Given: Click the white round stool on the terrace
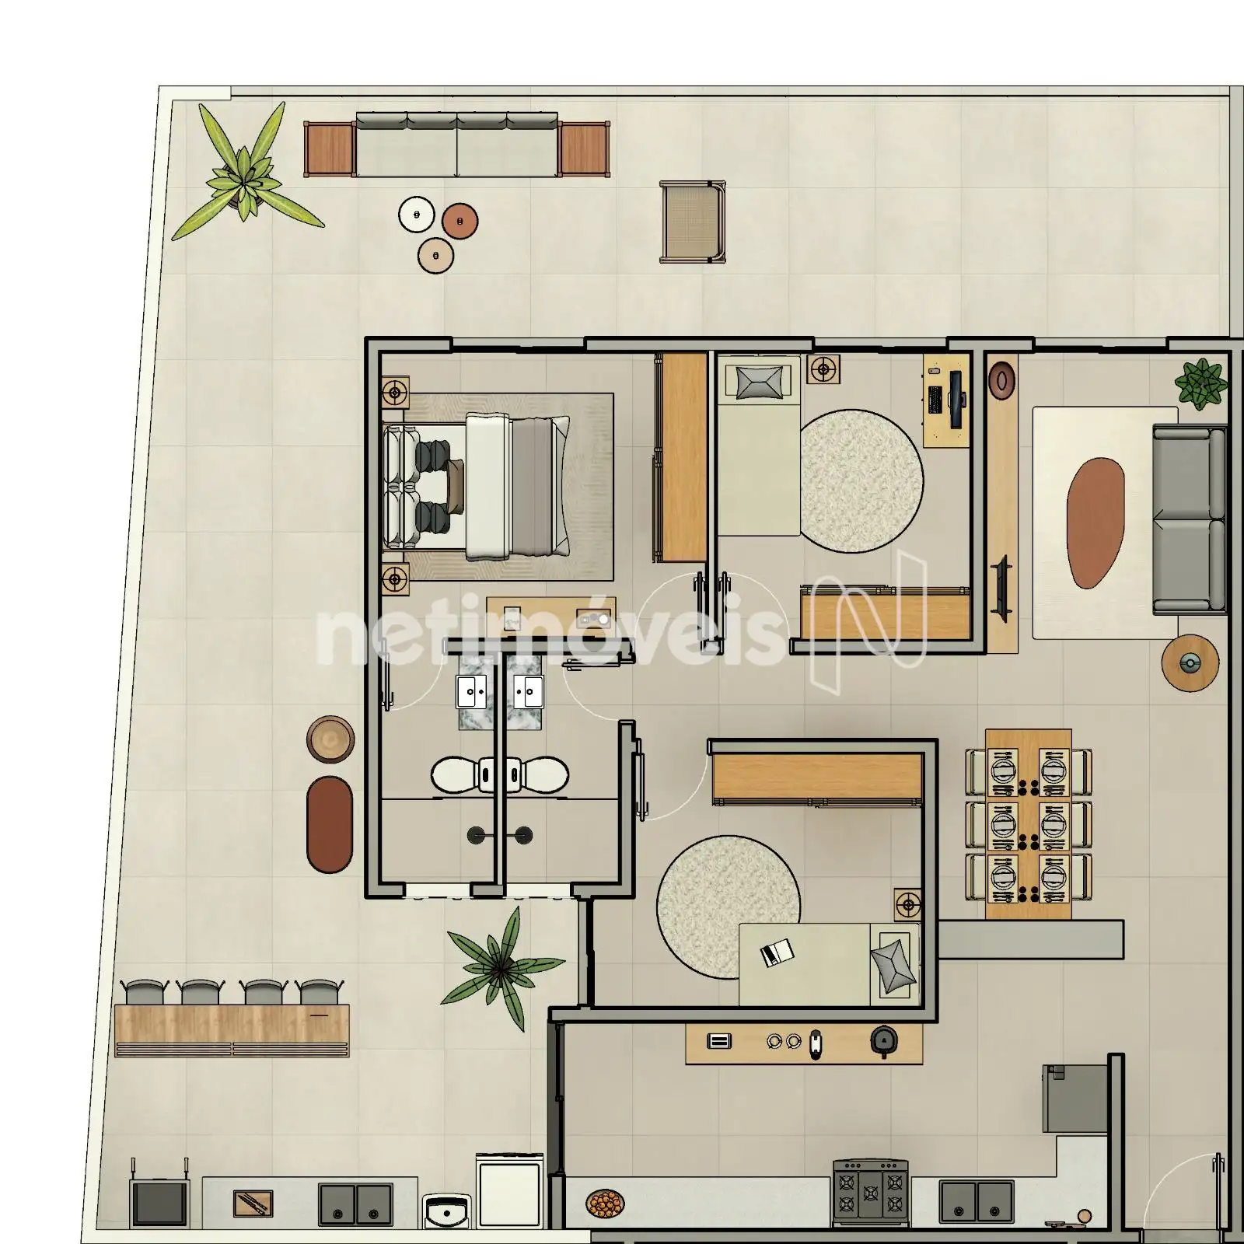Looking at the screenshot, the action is pos(416,214).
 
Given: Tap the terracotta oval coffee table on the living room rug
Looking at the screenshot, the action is pos(1095,522).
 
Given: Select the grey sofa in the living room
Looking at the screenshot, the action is pos(1189,519).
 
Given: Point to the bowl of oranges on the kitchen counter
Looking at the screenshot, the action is pos(605,1204).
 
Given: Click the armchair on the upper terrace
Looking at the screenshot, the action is pos(693,222).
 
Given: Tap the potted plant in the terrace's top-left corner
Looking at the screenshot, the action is pos(246,174).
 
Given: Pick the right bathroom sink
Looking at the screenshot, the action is pos(529,690).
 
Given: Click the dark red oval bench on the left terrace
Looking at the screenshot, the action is pos(330,824).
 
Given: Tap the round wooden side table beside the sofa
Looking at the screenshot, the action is pos(1190,662).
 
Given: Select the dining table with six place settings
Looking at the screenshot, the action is pos(1028,824).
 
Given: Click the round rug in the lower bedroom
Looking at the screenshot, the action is pos(728,907).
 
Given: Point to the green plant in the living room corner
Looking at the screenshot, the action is pos(1201,383).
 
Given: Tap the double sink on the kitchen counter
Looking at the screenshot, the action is pos(976,1200).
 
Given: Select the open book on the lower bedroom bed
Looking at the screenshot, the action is pos(776,952).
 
